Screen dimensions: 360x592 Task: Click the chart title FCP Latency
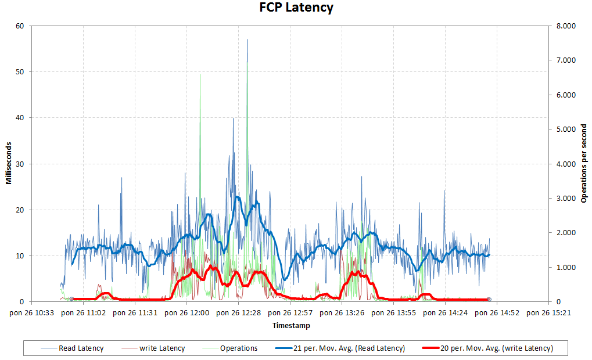tap(296, 8)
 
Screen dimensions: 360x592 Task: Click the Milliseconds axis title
tap(9, 163)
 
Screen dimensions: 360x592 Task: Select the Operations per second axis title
tap(584, 163)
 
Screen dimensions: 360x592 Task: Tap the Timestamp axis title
tap(291, 326)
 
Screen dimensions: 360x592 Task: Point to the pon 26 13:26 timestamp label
tap(342, 313)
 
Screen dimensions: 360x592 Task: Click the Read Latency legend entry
tap(81, 348)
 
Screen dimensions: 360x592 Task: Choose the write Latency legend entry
tap(162, 348)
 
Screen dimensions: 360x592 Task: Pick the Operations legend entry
tap(238, 348)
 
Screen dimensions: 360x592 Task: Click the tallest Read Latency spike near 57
tap(247, 40)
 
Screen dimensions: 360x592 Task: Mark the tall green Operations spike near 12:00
tap(200, 75)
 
